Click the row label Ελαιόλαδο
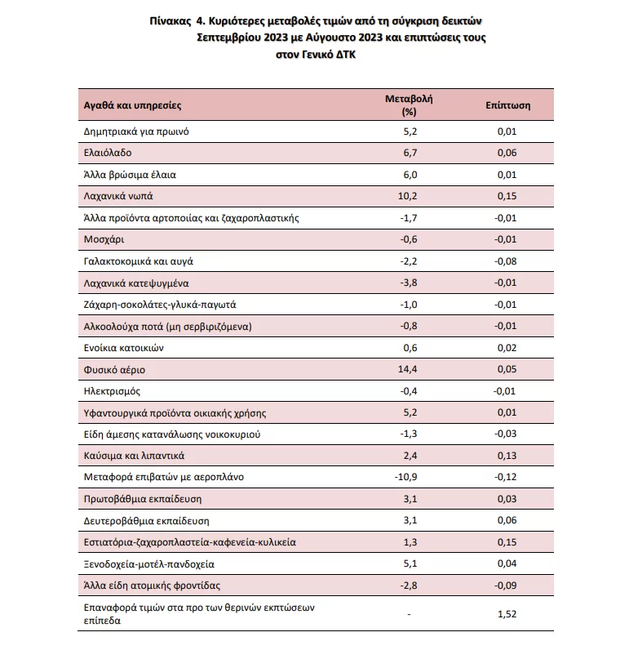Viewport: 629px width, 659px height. click(x=107, y=153)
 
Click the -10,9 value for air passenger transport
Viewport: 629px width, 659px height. click(x=408, y=477)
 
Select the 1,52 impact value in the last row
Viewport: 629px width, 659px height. click(x=508, y=614)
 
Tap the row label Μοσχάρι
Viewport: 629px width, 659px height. click(x=104, y=239)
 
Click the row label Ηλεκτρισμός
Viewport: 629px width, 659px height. click(x=112, y=391)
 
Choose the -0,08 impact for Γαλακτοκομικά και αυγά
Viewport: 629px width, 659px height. click(x=508, y=261)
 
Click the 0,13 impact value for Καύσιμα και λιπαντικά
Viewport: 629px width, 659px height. click(x=508, y=456)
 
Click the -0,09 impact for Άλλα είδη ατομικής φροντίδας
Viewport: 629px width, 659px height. click(x=508, y=586)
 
